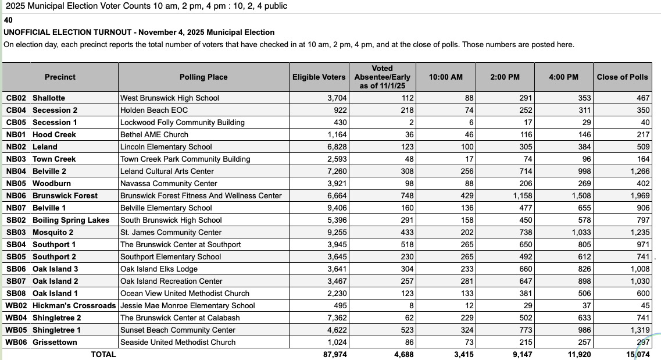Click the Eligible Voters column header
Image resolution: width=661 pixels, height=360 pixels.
coord(319,77)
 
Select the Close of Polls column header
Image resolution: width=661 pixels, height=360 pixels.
coord(622,77)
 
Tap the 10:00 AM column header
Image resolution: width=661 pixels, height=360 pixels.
coord(445,77)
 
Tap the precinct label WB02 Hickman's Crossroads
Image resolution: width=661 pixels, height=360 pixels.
coord(60,305)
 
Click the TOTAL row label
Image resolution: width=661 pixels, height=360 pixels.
coord(103,354)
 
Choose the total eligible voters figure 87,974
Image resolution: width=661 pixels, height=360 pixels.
coord(335,354)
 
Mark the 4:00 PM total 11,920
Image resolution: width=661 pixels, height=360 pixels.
coord(579,354)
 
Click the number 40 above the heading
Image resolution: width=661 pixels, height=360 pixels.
coord(8,20)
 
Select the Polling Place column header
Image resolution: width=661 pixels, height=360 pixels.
coord(203,77)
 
